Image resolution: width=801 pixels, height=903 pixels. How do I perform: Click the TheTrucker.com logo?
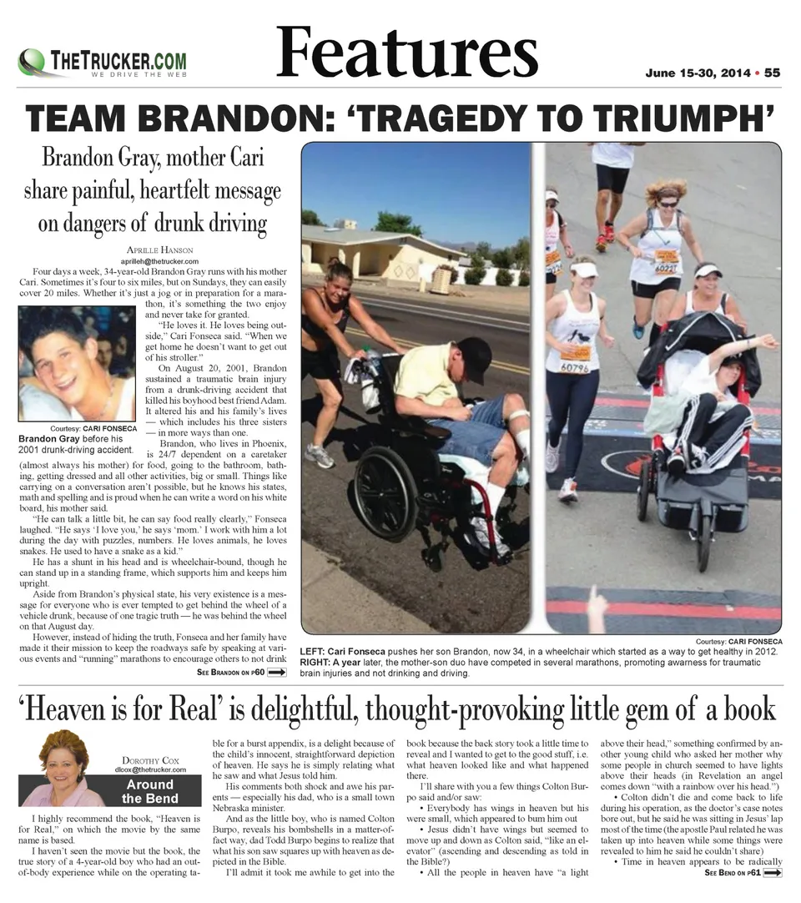pos(102,63)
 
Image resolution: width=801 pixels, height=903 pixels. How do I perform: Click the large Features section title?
pos(407,52)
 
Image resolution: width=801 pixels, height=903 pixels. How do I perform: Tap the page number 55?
pos(772,73)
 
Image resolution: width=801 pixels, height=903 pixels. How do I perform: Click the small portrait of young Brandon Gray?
pos(76,363)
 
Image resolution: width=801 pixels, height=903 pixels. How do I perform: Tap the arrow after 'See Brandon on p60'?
pos(277,671)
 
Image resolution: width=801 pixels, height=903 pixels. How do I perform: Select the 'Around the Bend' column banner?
pos(150,791)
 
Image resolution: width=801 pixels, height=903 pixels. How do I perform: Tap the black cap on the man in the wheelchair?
pos(475,359)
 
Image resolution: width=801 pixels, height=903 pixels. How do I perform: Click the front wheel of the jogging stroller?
pos(703,542)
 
